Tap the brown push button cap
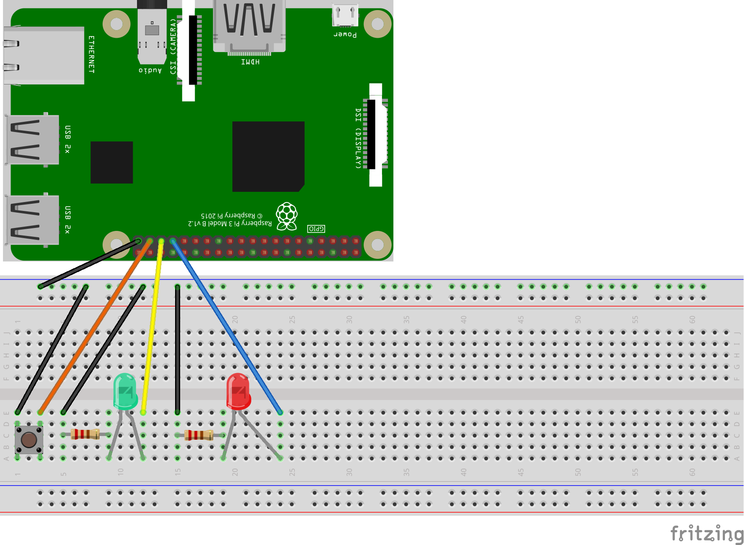29,440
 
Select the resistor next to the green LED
85,434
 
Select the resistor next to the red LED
199,435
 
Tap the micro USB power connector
345,15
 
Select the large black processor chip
268,156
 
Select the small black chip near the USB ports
111,162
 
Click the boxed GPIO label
316,229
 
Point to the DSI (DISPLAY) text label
358,138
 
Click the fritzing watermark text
706,533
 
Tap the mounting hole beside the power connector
377,24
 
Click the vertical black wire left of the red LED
177,348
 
